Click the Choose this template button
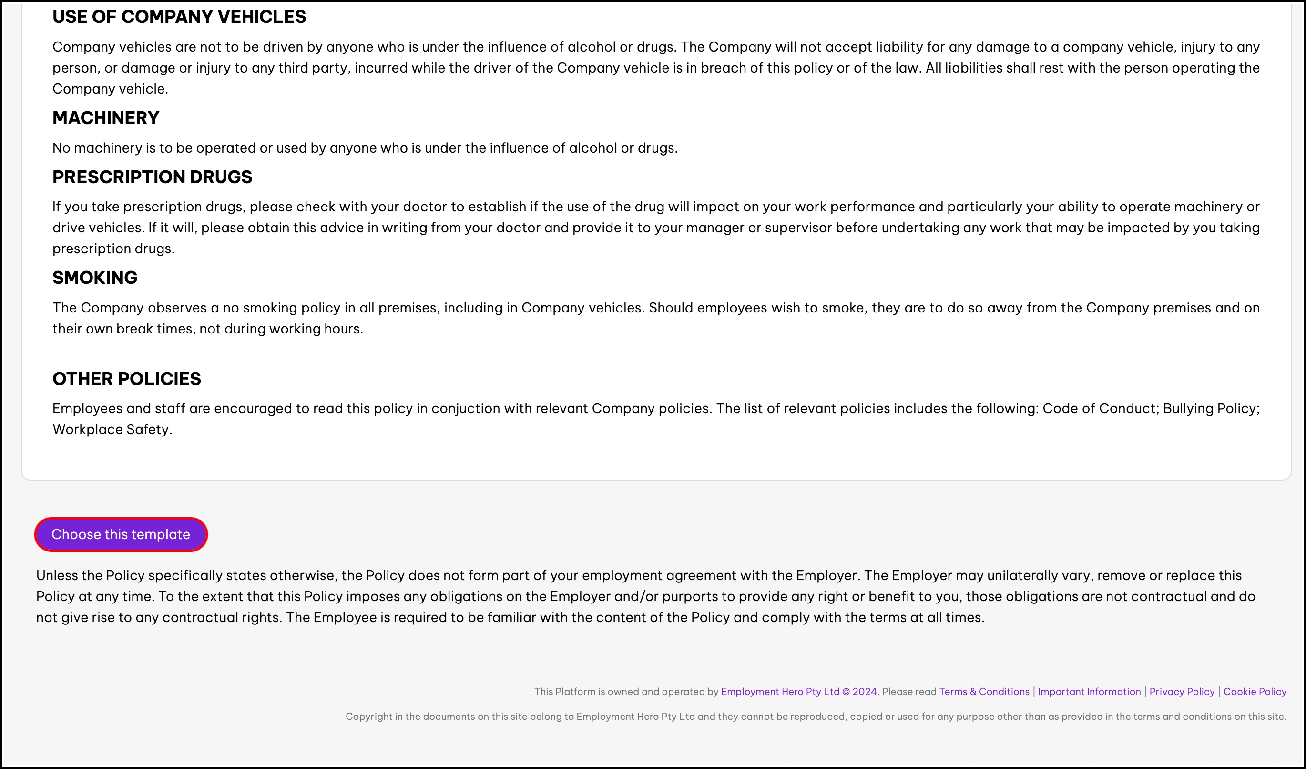(x=121, y=534)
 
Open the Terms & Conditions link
(x=984, y=691)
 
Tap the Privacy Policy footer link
(x=1182, y=691)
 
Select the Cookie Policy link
(x=1254, y=691)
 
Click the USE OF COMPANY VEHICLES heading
(x=179, y=17)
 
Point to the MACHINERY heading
(x=106, y=118)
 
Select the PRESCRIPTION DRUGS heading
(x=152, y=177)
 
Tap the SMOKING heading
(x=95, y=278)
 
